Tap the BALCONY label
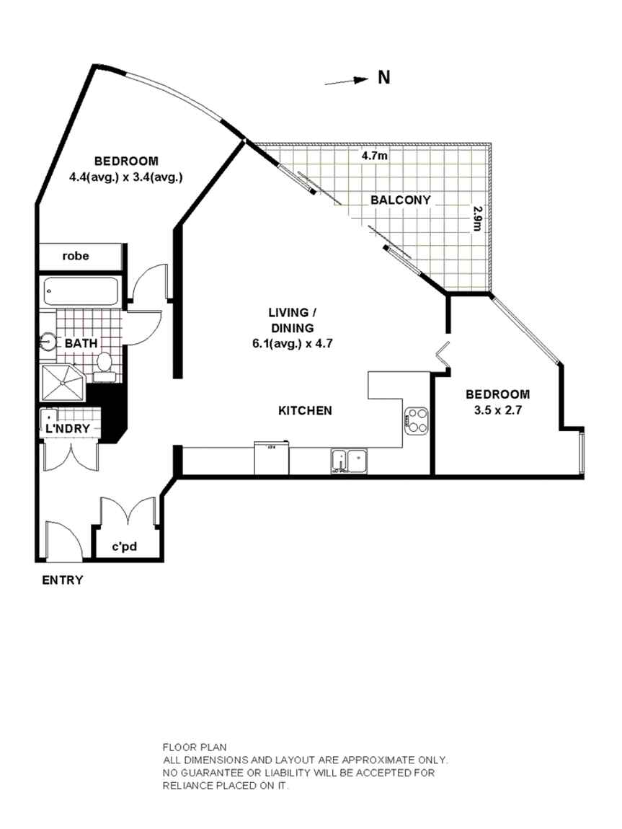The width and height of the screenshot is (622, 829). [401, 200]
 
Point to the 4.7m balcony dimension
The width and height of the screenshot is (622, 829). [374, 156]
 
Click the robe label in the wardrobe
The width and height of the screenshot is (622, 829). [76, 256]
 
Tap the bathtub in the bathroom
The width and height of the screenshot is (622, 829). [81, 291]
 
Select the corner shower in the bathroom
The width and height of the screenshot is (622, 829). [63, 382]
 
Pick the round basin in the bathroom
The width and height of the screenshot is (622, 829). [48, 342]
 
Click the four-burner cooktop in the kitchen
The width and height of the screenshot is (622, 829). [416, 421]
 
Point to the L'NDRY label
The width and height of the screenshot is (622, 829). [68, 429]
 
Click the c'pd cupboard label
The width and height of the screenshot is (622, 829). [124, 546]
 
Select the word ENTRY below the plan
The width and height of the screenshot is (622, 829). [63, 580]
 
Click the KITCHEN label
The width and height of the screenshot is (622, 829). [305, 410]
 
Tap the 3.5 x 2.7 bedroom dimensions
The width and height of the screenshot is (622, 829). [497, 409]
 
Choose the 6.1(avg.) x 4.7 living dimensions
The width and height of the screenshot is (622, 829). [292, 343]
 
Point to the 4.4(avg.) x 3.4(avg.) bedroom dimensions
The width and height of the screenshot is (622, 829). [126, 177]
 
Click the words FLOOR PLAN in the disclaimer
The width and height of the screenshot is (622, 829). [195, 747]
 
